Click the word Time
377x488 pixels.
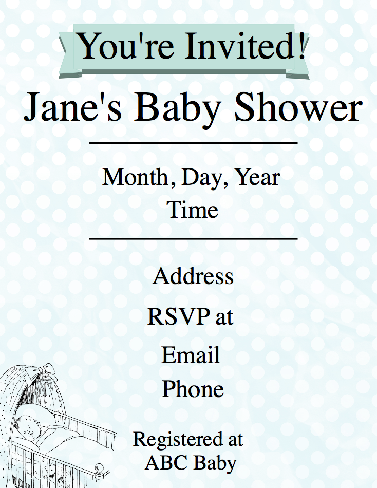pyautogui.click(x=193, y=209)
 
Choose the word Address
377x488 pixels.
pyautogui.click(x=193, y=276)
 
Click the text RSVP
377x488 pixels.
pyautogui.click(x=178, y=316)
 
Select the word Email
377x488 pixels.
pyautogui.click(x=191, y=355)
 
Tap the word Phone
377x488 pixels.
pyautogui.click(x=193, y=388)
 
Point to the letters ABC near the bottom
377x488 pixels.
pyautogui.click(x=165, y=463)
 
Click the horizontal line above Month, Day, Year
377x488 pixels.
pyautogui.click(x=193, y=143)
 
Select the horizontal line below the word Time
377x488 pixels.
pyautogui.click(x=193, y=239)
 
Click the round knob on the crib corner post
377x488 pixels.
pyautogui.click(x=99, y=467)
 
